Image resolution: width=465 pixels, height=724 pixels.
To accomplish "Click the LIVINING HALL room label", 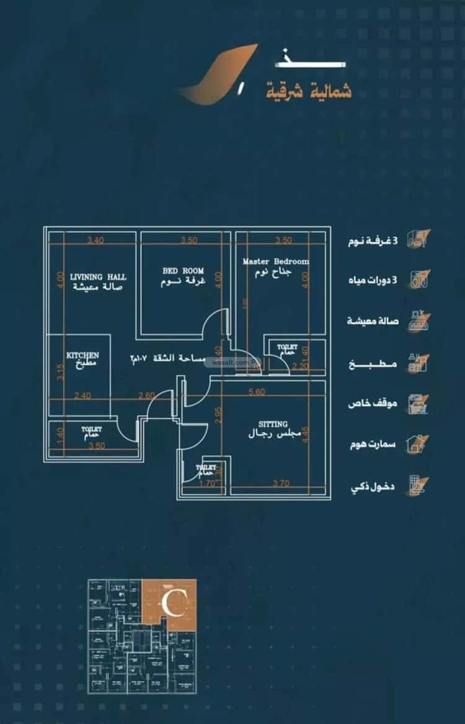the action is pyautogui.click(x=98, y=276).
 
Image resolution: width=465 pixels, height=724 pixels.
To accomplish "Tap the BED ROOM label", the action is pyautogui.click(x=183, y=271).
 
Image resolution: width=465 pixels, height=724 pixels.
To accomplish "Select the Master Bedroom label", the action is pyautogui.click(x=275, y=261).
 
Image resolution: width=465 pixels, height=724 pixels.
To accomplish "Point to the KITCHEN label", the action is pyautogui.click(x=82, y=355).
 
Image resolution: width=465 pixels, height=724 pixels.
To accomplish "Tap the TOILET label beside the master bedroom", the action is pyautogui.click(x=287, y=347).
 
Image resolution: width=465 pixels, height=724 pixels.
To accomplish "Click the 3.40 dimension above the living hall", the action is pyautogui.click(x=95, y=240).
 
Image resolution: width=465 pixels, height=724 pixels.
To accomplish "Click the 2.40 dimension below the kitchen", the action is pyautogui.click(x=82, y=395).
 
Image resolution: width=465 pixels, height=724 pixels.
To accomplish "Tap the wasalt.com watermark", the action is pyautogui.click(x=233, y=363).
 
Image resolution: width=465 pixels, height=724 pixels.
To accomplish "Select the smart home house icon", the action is pyautogui.click(x=414, y=443).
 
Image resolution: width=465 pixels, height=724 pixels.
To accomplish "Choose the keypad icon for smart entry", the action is pyautogui.click(x=415, y=484).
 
